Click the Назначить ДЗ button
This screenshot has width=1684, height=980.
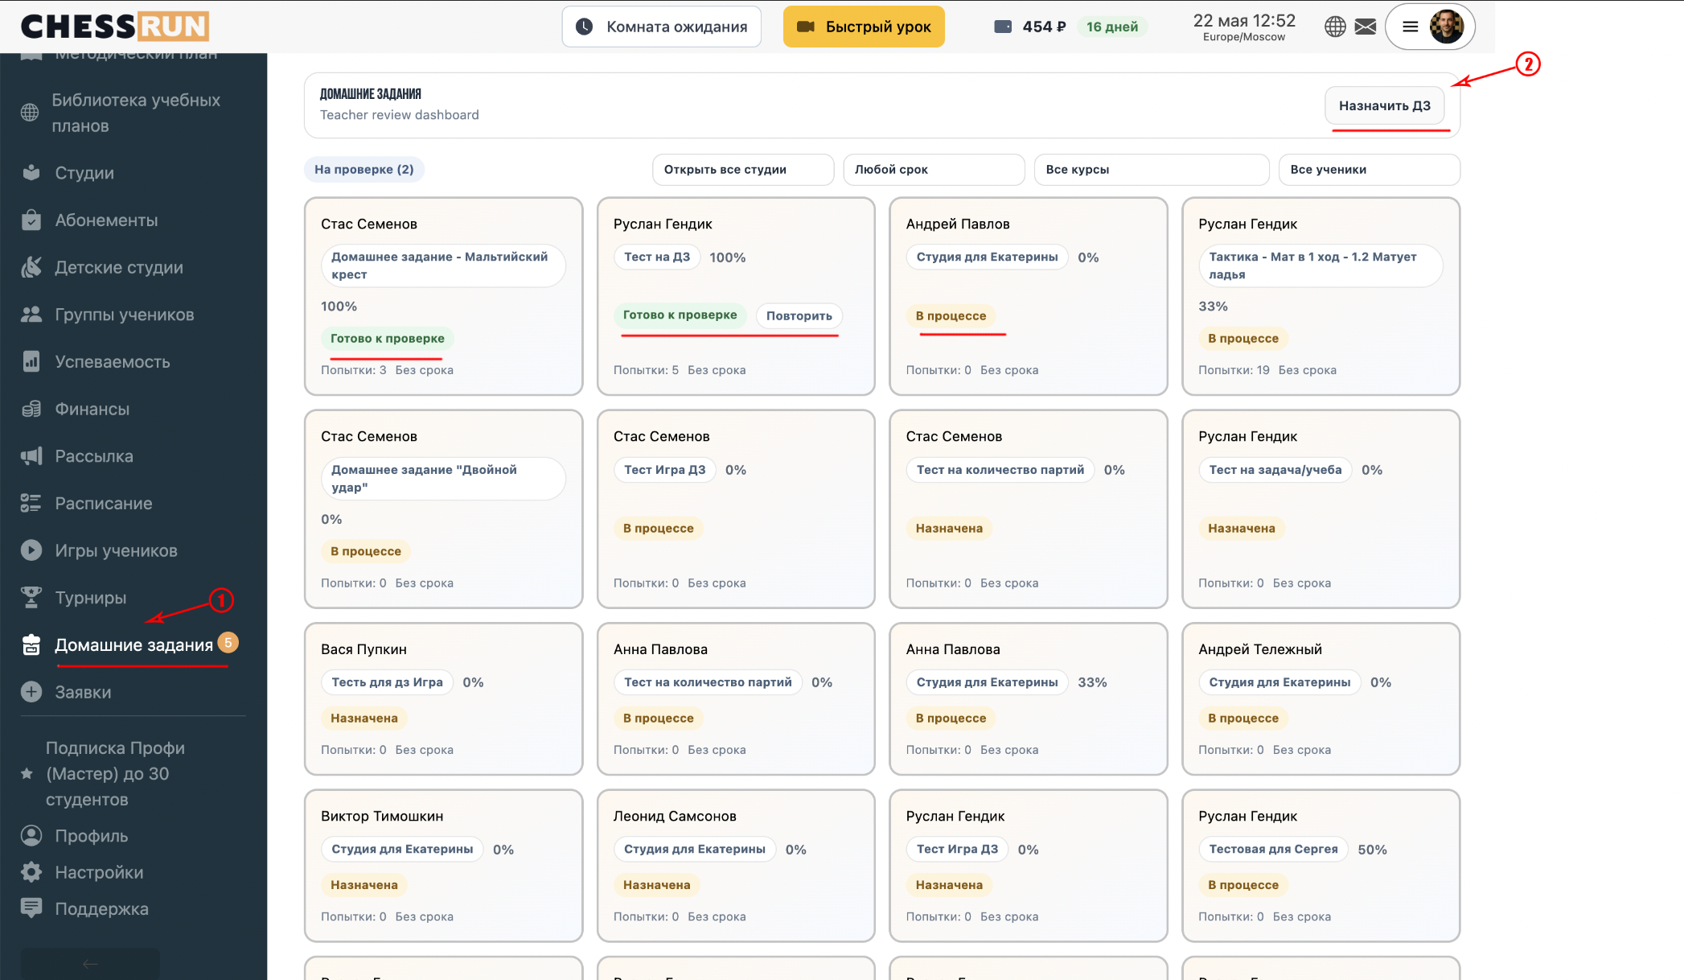(x=1384, y=105)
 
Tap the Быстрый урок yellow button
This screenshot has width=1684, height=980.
(x=864, y=27)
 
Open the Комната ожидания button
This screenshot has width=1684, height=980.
(x=661, y=27)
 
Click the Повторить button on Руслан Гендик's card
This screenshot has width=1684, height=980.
(x=799, y=315)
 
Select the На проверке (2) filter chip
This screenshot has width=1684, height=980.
(x=364, y=169)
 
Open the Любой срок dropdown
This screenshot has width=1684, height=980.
(x=934, y=170)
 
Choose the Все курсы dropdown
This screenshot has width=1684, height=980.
(x=1152, y=170)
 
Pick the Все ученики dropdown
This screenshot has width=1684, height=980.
(x=1369, y=170)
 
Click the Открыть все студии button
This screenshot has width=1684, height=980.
(x=743, y=170)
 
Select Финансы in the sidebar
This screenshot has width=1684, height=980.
(x=92, y=409)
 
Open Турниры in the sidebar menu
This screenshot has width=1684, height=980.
(x=90, y=598)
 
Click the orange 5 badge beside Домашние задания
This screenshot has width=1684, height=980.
(x=228, y=642)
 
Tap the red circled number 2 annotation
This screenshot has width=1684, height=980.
(x=1528, y=64)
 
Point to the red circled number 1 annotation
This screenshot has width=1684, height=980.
(x=221, y=600)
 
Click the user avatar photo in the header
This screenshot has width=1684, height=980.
(x=1446, y=27)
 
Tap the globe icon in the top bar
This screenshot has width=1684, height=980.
(x=1335, y=27)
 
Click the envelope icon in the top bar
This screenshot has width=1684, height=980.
(x=1366, y=27)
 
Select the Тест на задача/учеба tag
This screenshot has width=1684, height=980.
(x=1275, y=470)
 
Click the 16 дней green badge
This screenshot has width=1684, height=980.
(x=1112, y=27)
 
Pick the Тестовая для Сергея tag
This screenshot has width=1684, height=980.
(x=1273, y=849)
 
